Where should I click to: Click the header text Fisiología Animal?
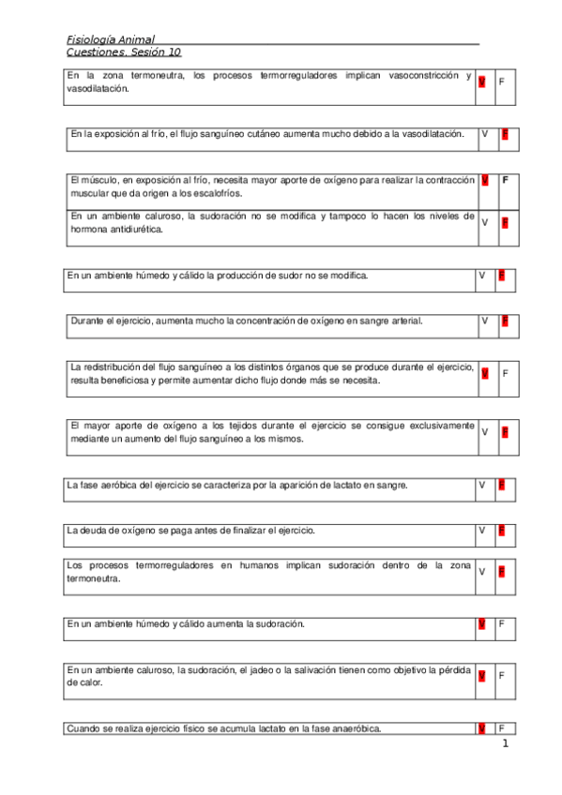click(x=111, y=39)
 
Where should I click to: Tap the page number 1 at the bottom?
click(x=505, y=744)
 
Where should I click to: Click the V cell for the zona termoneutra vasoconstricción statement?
click(x=481, y=82)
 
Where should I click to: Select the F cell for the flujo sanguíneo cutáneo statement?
click(x=505, y=134)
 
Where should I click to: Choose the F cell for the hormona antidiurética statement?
click(x=505, y=222)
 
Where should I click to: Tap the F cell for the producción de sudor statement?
click(x=502, y=276)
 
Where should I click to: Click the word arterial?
click(x=403, y=321)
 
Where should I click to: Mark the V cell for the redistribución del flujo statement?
click(x=484, y=373)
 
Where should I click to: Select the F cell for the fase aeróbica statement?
click(x=502, y=485)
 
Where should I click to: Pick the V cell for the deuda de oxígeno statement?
click(x=481, y=531)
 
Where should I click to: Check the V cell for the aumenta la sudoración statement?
click(x=481, y=623)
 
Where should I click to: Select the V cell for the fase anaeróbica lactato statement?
click(x=481, y=728)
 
